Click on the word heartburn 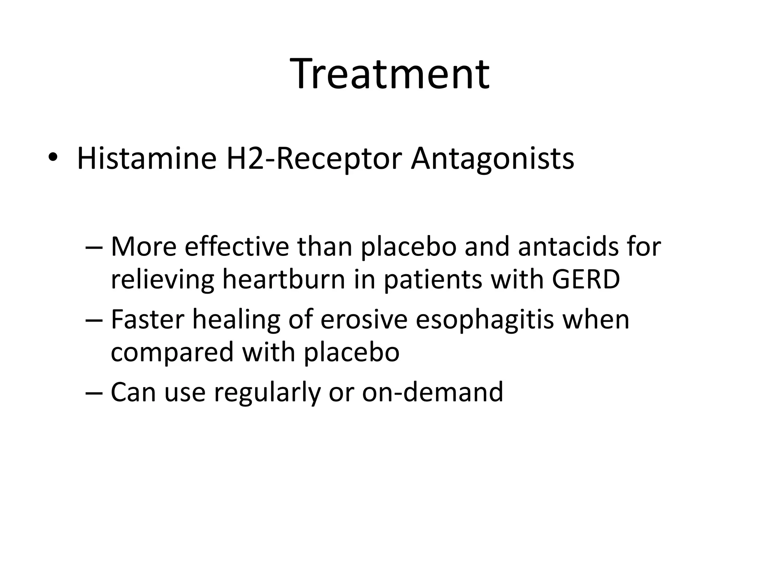pyautogui.click(x=284, y=279)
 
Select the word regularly pyautogui.click(x=267, y=393)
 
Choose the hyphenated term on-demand pyautogui.click(x=432, y=392)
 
